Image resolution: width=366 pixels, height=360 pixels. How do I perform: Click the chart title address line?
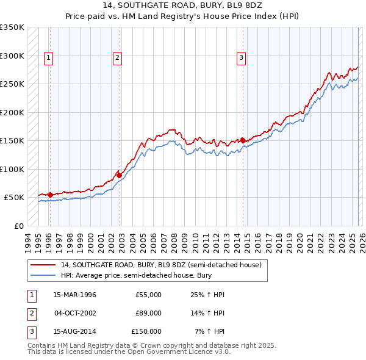(x=183, y=7)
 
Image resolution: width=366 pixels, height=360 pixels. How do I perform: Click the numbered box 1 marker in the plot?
(x=48, y=58)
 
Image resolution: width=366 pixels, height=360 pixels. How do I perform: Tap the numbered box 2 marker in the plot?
(x=117, y=58)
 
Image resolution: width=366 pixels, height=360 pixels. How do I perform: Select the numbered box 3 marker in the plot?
(x=242, y=58)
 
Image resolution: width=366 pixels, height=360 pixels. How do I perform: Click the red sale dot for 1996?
(x=50, y=195)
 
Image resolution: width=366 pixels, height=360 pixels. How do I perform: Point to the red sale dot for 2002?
(x=119, y=175)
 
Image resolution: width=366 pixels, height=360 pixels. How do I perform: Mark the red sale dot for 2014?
(x=243, y=140)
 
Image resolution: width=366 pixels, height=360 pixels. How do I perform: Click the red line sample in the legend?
(x=43, y=265)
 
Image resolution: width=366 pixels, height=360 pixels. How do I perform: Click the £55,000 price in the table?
(x=148, y=295)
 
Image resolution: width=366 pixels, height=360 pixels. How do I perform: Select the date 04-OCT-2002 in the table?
(x=74, y=313)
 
